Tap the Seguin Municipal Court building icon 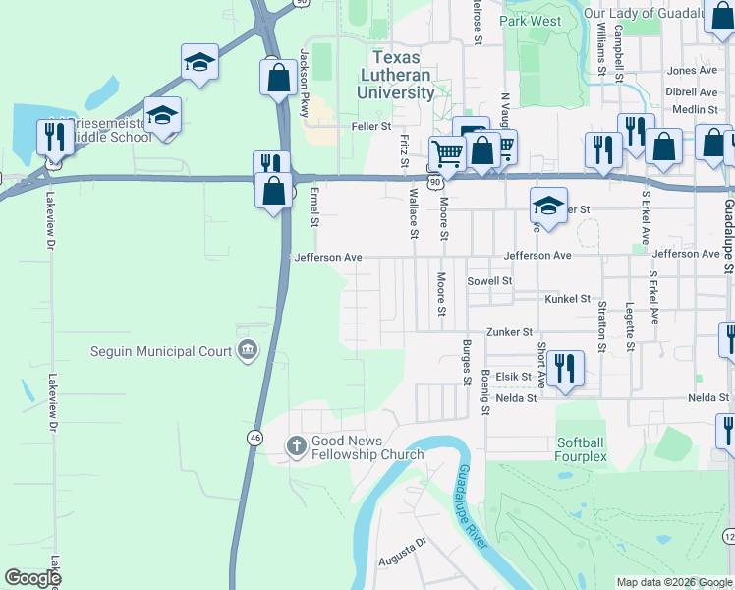coord(248,351)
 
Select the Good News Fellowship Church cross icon coord(296,446)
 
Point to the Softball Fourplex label coord(582,449)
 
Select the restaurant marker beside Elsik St coord(565,369)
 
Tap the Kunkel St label coord(567,299)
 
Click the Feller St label coord(372,127)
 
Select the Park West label coord(530,21)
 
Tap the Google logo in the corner coord(32,578)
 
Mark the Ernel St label coord(315,207)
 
